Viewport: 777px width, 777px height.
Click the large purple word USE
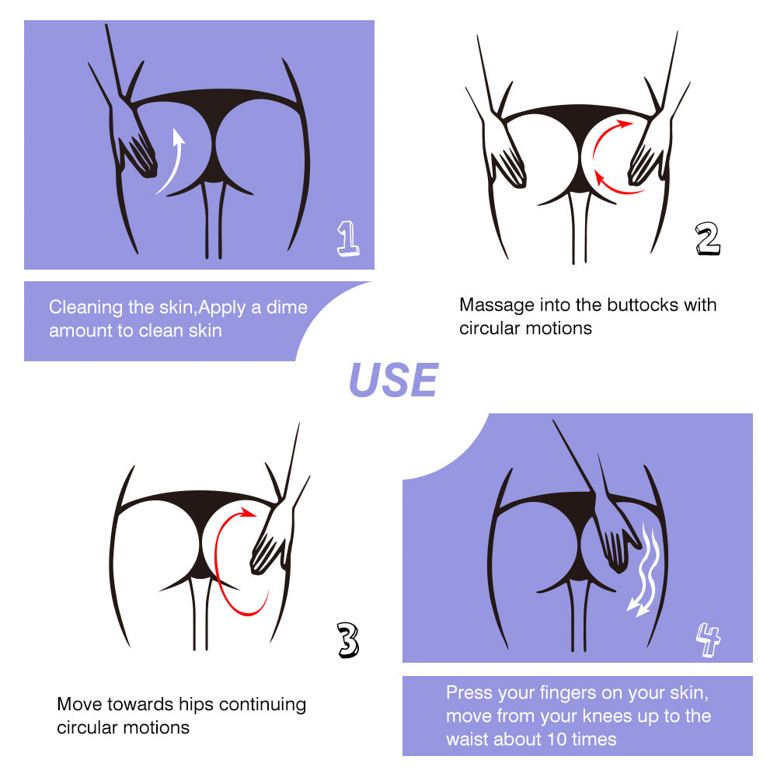coord(393,380)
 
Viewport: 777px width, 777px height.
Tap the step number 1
coord(348,239)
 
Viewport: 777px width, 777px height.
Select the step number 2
coord(708,239)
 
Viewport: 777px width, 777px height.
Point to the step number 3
coord(348,639)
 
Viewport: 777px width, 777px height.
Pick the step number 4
coord(708,639)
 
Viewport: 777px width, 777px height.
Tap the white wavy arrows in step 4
coord(644,570)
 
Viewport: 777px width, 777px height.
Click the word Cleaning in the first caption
coord(85,308)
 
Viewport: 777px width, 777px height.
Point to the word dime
coord(287,307)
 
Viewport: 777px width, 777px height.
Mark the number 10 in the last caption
coord(556,740)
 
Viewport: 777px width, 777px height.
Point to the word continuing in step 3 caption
coord(263,705)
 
